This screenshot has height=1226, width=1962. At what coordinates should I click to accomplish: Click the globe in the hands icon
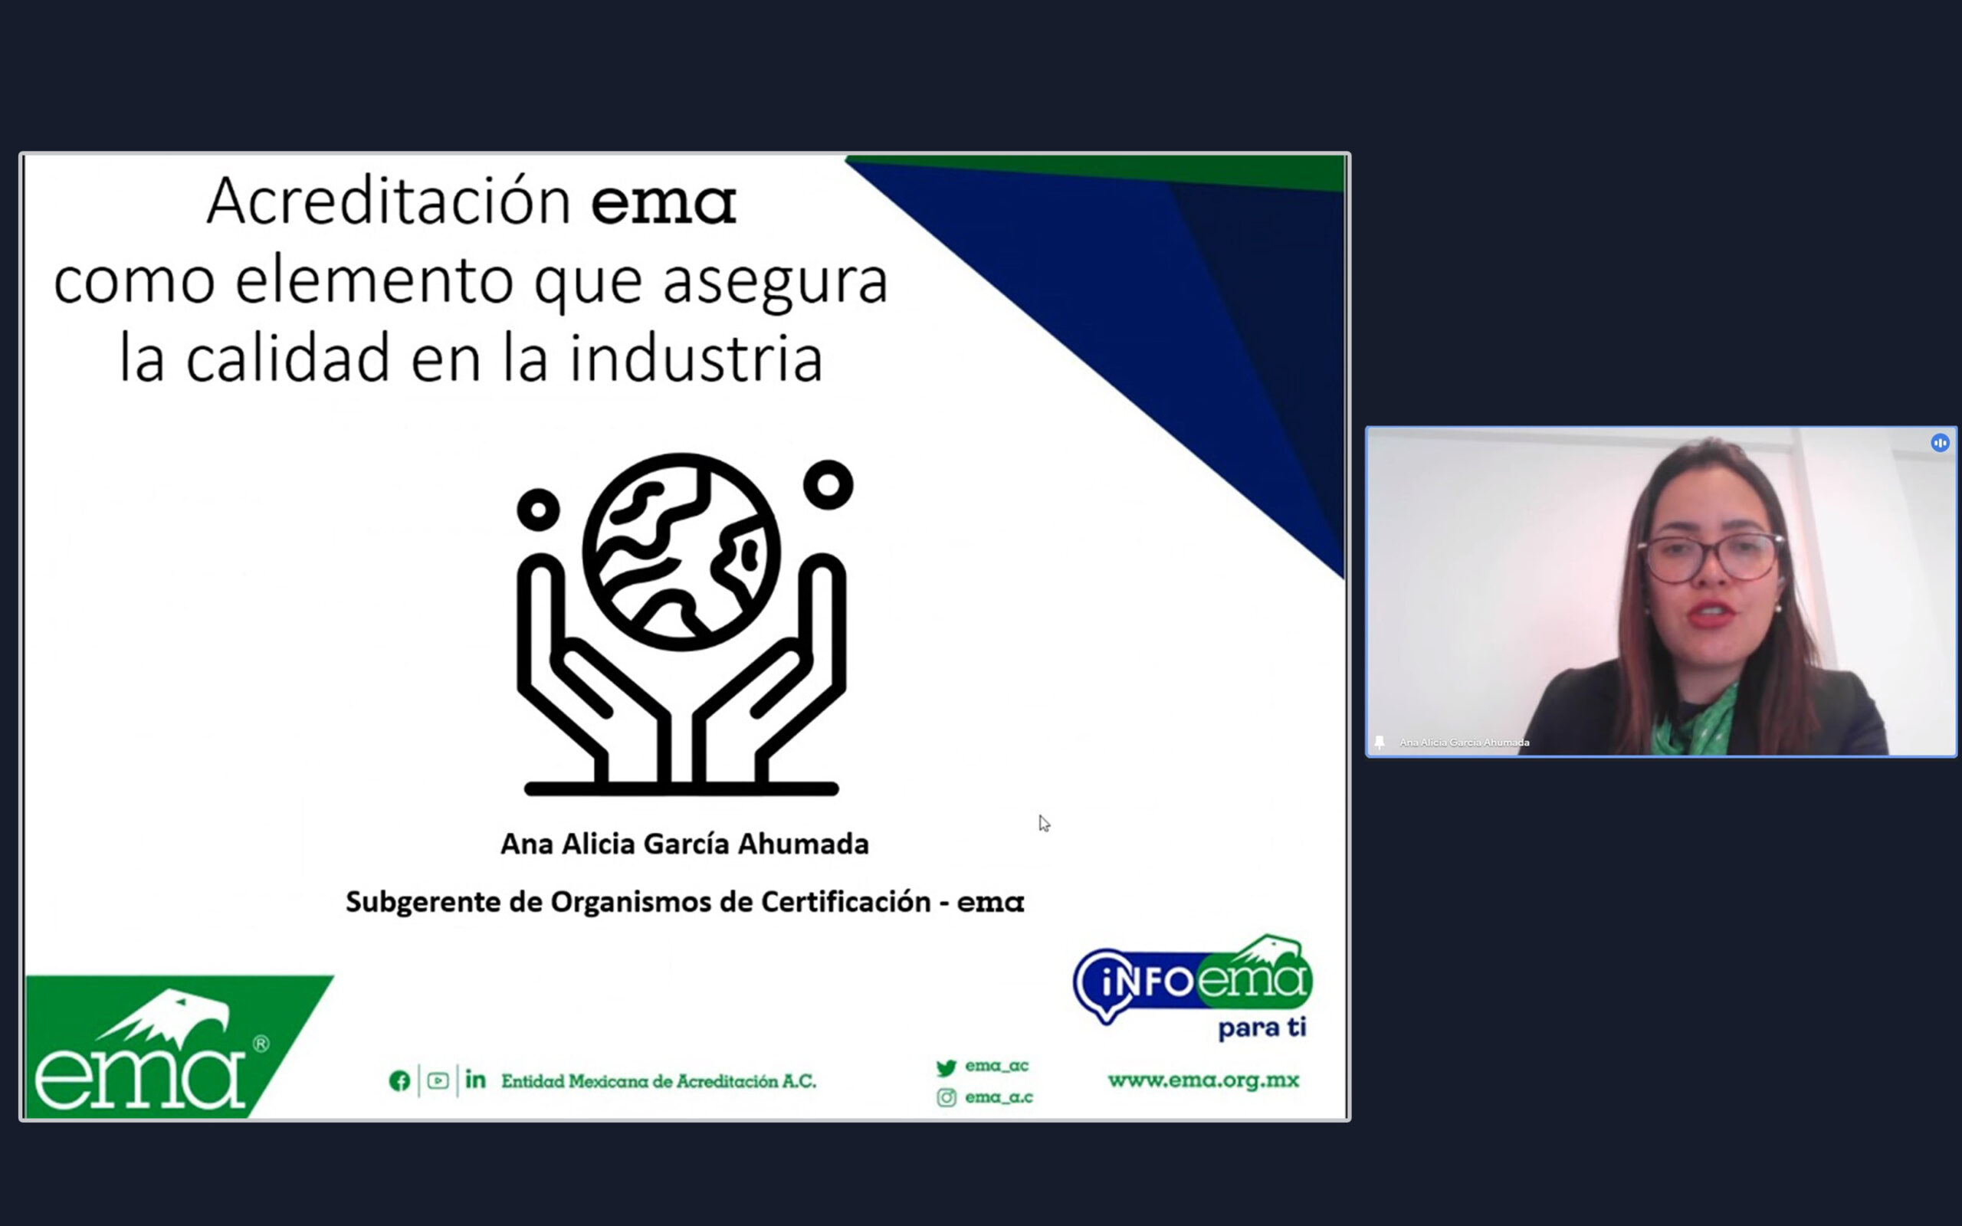point(681,552)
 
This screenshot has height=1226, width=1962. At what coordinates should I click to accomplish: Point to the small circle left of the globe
point(538,510)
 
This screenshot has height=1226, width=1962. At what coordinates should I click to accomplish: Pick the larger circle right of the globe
point(828,485)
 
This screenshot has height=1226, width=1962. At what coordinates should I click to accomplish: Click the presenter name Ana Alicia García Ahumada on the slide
point(684,844)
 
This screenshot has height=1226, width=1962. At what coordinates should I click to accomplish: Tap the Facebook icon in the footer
point(399,1081)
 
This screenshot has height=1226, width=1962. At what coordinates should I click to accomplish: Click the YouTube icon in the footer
point(438,1081)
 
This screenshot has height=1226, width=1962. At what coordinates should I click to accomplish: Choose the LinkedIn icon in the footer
point(476,1079)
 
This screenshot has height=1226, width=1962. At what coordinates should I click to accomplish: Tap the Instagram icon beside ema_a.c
point(947,1097)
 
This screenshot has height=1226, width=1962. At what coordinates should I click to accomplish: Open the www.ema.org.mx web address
point(1203,1080)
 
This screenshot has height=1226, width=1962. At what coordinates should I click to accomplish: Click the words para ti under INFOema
point(1262,1028)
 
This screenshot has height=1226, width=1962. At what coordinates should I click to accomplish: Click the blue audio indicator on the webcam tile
point(1939,443)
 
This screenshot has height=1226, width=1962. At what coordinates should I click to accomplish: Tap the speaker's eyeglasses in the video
point(1711,557)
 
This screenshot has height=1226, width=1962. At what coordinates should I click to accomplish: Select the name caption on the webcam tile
point(1464,742)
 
